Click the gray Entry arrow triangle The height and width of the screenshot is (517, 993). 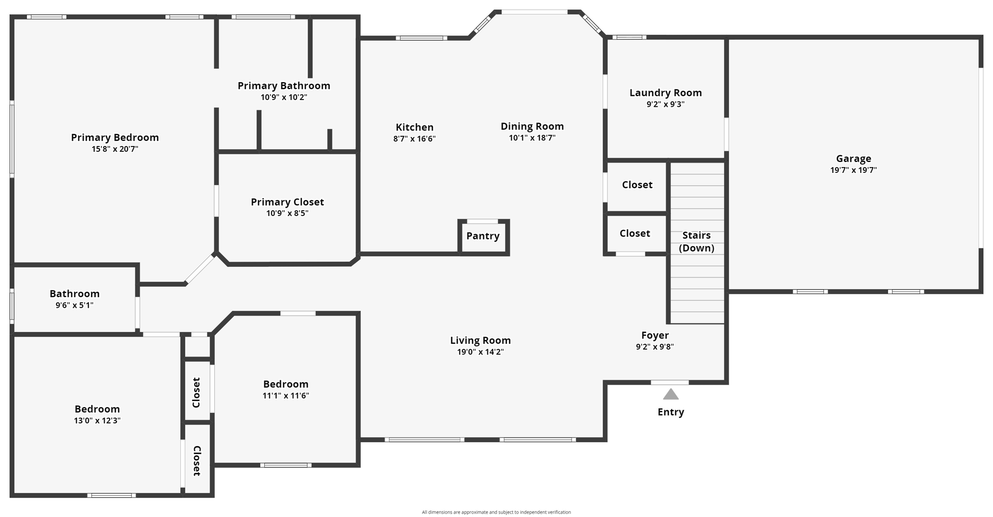pos(671,395)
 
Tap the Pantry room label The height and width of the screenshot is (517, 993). pos(482,236)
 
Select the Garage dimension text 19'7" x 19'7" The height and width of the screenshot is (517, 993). pos(853,170)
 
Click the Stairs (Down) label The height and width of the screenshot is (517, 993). pos(696,241)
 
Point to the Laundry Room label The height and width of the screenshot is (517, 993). pos(665,93)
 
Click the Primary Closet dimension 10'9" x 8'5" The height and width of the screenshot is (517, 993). pos(287,213)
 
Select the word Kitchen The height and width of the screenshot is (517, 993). pos(415,127)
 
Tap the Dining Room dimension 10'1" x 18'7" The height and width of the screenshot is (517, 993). pos(532,138)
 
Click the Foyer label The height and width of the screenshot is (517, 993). pos(655,335)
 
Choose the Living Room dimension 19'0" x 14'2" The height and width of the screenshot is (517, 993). pos(480,352)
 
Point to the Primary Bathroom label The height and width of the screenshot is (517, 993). pos(284,85)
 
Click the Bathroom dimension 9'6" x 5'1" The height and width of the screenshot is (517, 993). pos(74,305)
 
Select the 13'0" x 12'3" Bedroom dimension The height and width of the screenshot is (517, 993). pos(97,421)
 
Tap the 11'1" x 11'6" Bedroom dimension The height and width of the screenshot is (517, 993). pos(286,396)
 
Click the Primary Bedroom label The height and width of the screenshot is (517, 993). pos(115,137)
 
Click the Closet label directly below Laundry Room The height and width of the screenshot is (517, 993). pos(637,184)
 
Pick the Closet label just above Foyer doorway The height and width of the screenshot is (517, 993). pos(635,233)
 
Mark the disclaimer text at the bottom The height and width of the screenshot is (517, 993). pos(496,512)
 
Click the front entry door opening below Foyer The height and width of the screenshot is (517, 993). pos(669,383)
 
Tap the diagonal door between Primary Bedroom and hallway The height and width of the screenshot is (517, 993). pos(199,269)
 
